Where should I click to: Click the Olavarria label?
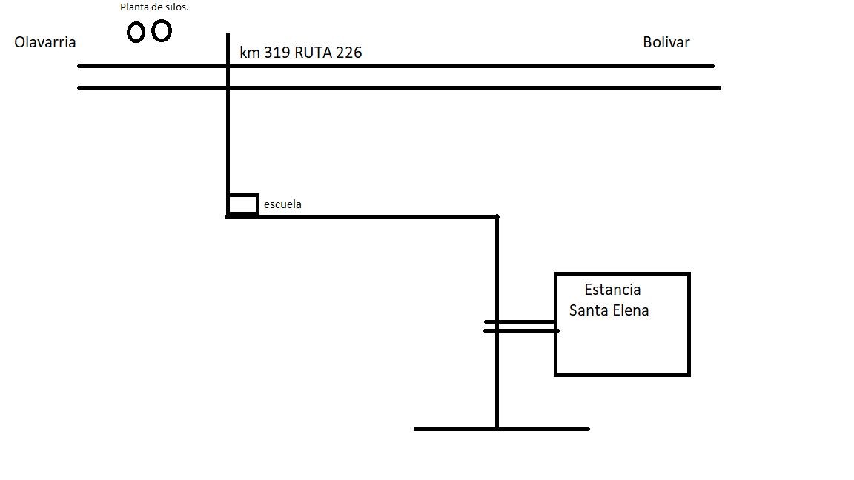pos(44,42)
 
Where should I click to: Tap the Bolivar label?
pos(666,42)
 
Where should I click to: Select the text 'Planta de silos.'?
pos(155,7)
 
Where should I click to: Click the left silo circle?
pos(136,32)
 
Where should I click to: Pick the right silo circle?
pos(161,30)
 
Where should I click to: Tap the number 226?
pos(349,53)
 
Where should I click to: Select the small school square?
pos(243,204)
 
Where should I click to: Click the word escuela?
pos(282,204)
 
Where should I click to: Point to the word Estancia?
pos(613,290)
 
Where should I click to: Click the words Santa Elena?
pos(609,310)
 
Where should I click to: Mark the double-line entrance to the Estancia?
pos(521,326)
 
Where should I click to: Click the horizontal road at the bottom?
pos(502,430)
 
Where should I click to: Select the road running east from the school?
pos(363,216)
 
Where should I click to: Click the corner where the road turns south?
pos(497,216)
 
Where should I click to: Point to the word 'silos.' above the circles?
pos(176,7)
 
